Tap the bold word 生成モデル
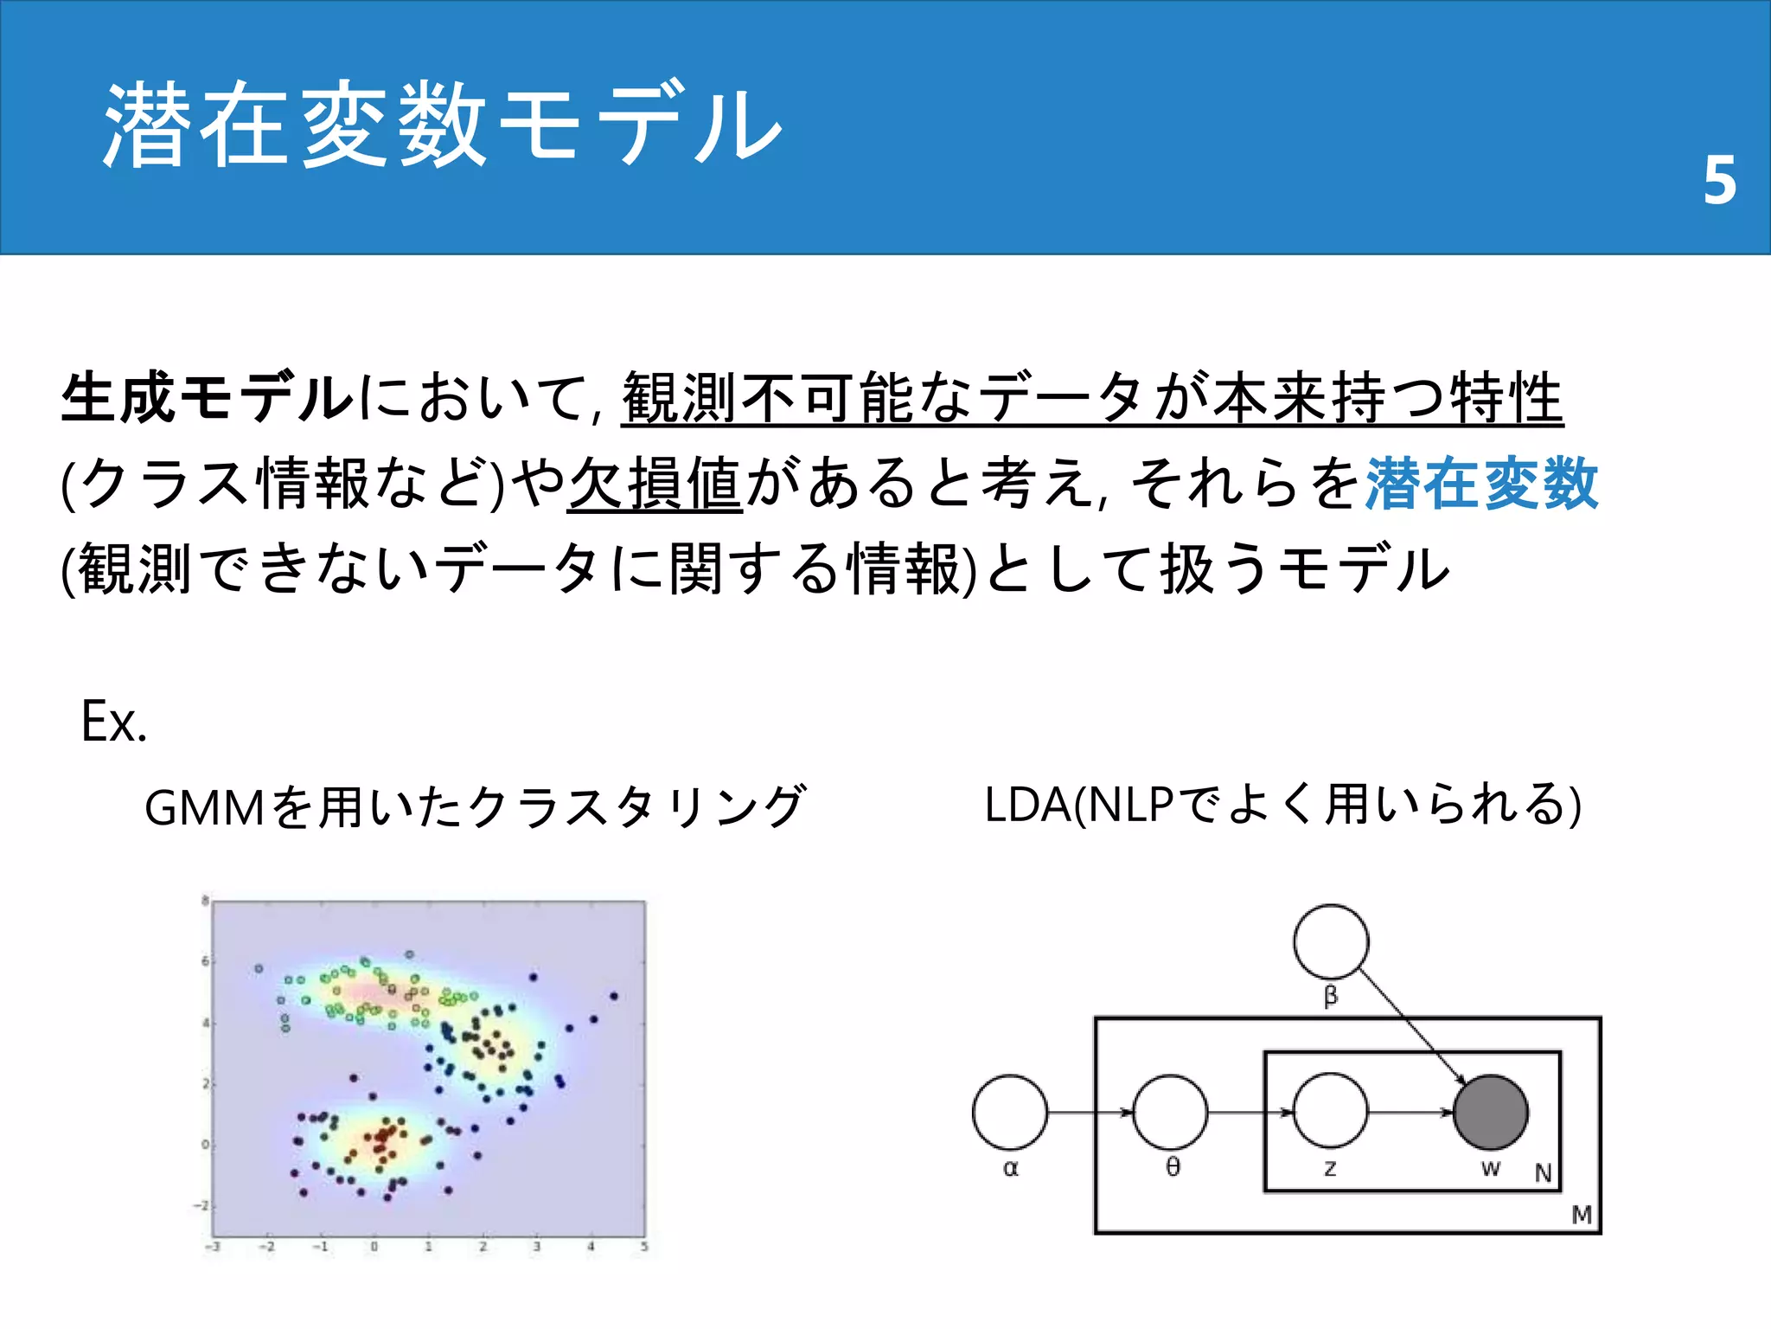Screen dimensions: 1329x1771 (208, 398)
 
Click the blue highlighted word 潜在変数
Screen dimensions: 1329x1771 (1481, 483)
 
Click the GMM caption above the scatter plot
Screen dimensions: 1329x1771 (475, 806)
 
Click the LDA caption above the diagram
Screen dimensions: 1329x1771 (1282, 805)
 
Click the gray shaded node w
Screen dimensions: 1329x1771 (1491, 1112)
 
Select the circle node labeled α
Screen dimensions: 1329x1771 (1010, 1112)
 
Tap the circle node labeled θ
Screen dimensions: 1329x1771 (1171, 1112)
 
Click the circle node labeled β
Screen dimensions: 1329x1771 (1331, 942)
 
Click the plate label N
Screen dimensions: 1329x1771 (1544, 1173)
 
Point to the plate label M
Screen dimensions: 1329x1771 (1582, 1216)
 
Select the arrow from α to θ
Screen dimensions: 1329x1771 (1090, 1112)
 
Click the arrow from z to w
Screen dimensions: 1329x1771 (1410, 1112)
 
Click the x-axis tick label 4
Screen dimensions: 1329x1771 (591, 1247)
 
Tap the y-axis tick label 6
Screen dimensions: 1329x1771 (205, 961)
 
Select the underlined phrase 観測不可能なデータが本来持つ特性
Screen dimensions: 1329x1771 (1091, 398)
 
